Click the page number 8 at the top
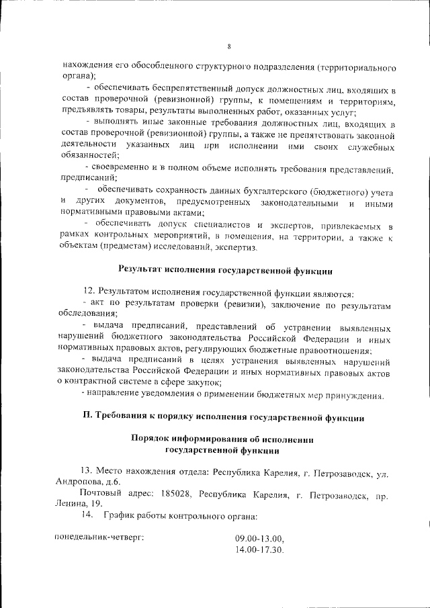point(228,46)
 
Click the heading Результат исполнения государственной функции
point(225,270)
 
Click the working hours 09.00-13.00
point(259,539)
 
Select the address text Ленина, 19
point(80,504)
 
